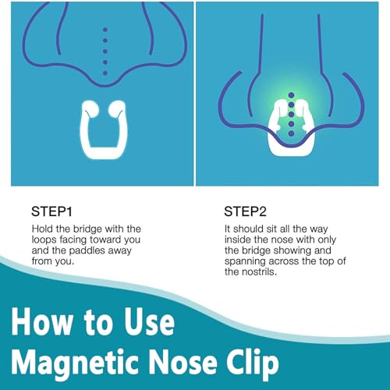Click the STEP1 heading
pyautogui.click(x=51, y=211)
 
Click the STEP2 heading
pyautogui.click(x=246, y=211)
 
